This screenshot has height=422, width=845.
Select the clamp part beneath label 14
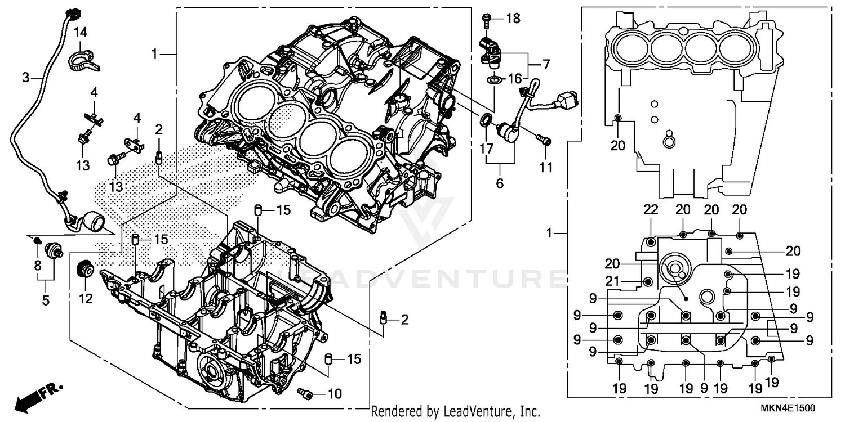83,60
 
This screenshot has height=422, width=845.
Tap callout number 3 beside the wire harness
25,78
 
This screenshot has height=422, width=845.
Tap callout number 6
500,183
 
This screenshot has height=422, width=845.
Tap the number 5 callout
45,300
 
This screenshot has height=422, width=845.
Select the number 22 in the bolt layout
651,210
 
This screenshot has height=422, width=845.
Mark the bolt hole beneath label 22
651,243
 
